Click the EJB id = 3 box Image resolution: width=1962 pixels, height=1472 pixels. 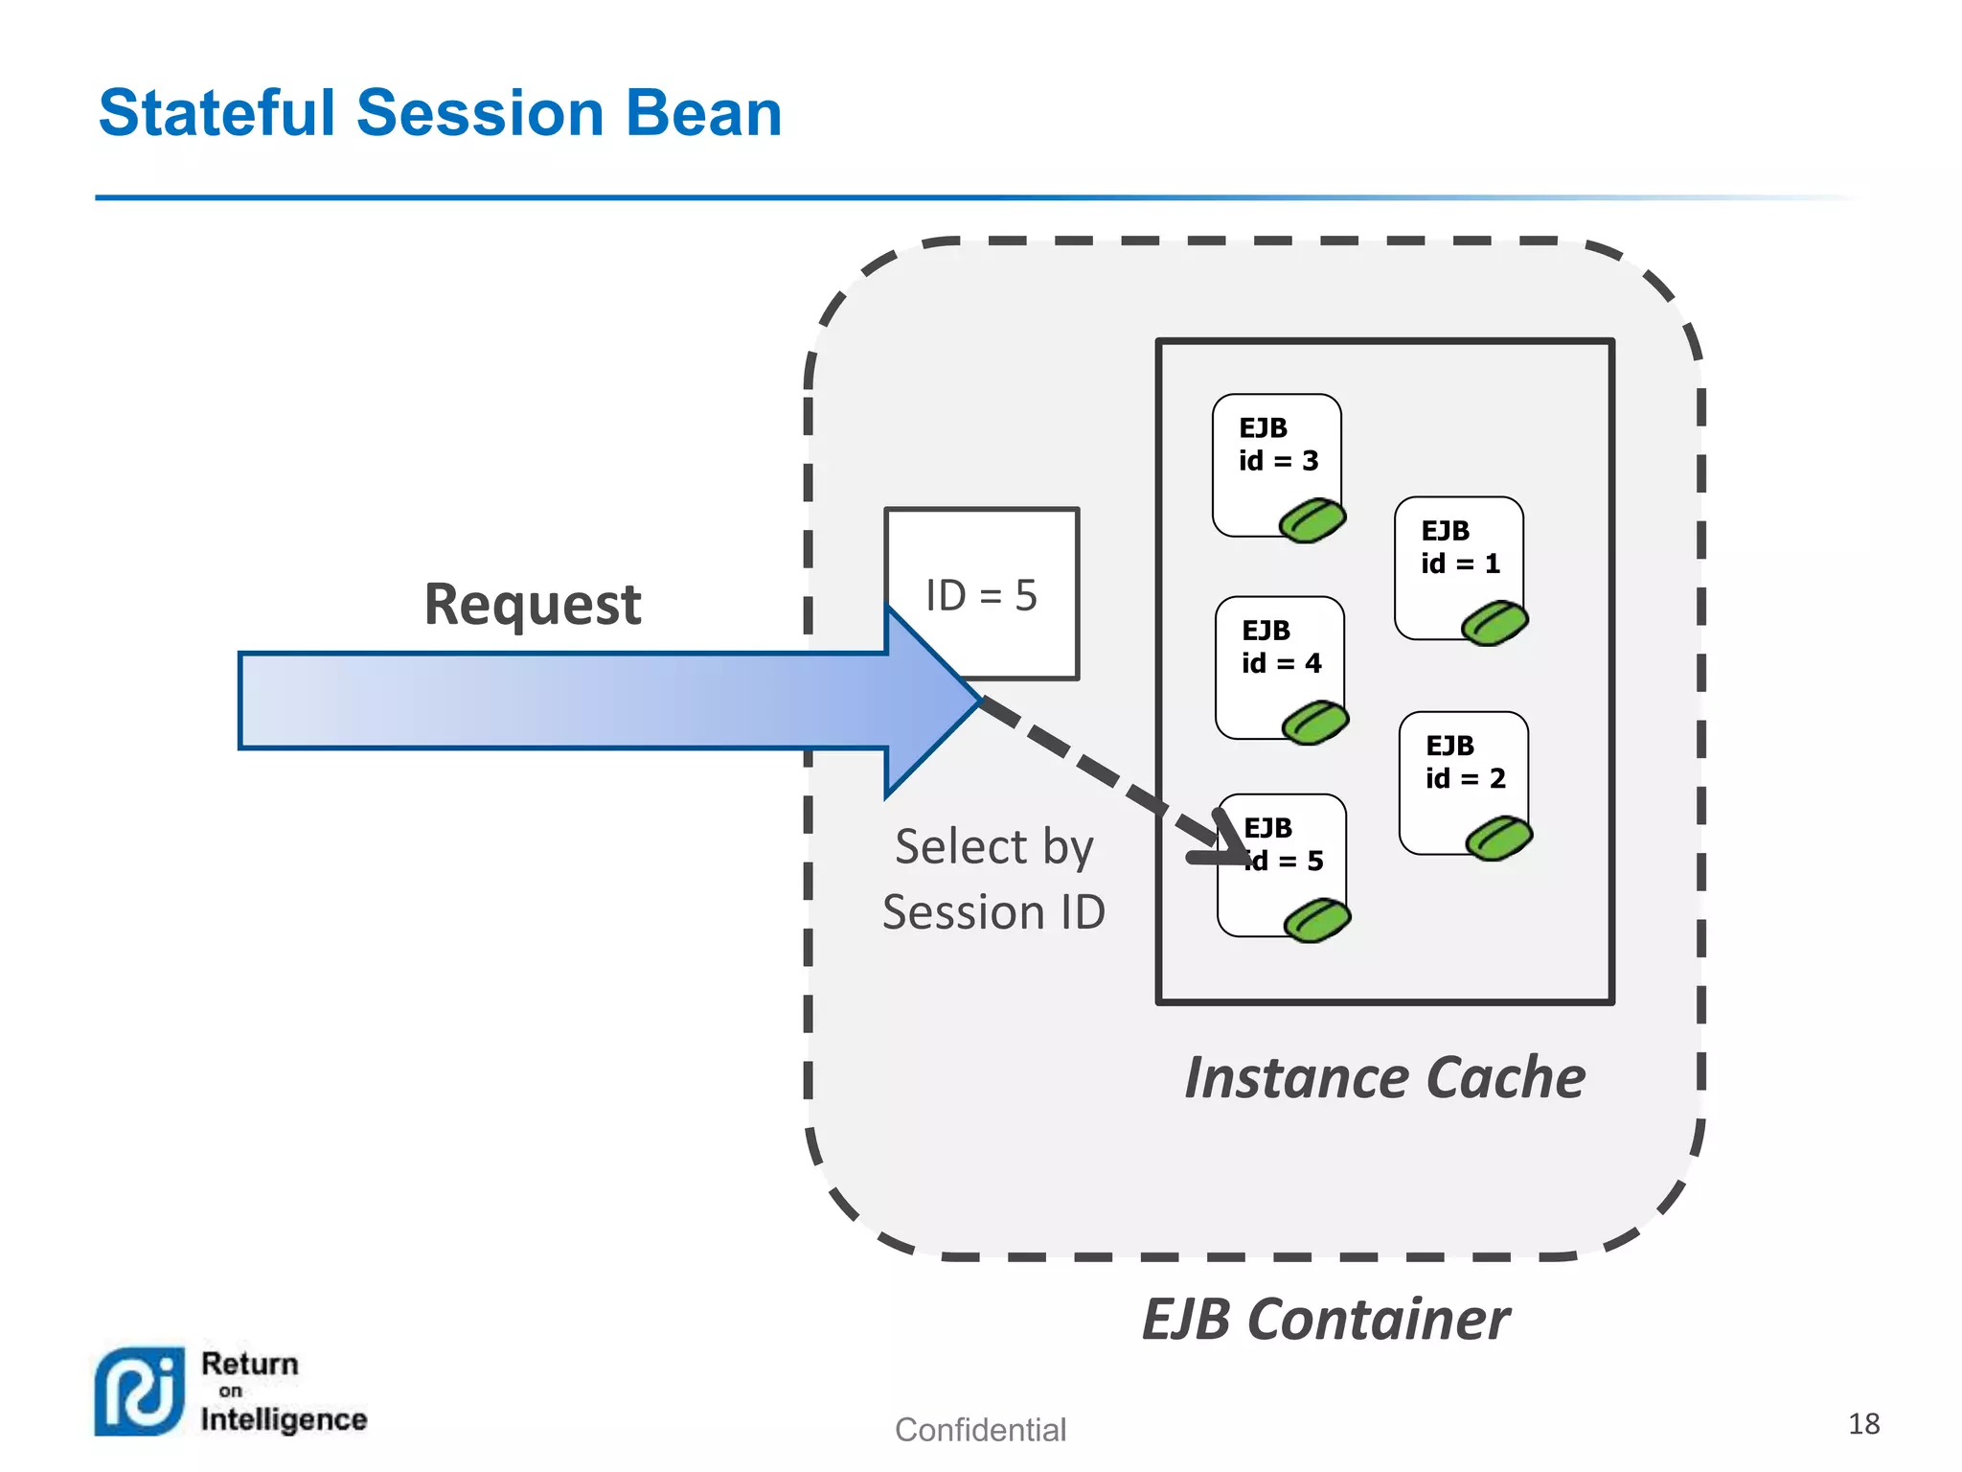(x=1274, y=460)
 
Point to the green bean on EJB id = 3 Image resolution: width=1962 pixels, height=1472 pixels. (x=1312, y=520)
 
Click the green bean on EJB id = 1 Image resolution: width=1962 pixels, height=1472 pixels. (x=1494, y=623)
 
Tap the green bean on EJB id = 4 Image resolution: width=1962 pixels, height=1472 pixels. (x=1315, y=722)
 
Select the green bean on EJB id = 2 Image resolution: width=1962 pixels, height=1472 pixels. (x=1499, y=838)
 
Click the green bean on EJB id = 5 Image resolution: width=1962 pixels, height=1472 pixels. (x=1317, y=920)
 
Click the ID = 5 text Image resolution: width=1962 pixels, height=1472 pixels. (x=981, y=595)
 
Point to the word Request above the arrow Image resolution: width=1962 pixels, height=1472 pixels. (x=533, y=605)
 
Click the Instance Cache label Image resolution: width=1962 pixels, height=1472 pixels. (x=1384, y=1077)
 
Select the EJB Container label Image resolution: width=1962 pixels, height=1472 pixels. (x=1325, y=1320)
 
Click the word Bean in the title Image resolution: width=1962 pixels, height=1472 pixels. (x=703, y=113)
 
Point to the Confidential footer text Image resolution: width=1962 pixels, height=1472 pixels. (x=980, y=1430)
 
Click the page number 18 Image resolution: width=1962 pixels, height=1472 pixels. (x=1863, y=1423)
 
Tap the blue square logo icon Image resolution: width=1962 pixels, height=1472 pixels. (x=139, y=1391)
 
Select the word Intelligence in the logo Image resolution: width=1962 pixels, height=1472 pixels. (x=284, y=1419)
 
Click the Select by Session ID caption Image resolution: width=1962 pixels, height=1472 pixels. (x=993, y=879)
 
